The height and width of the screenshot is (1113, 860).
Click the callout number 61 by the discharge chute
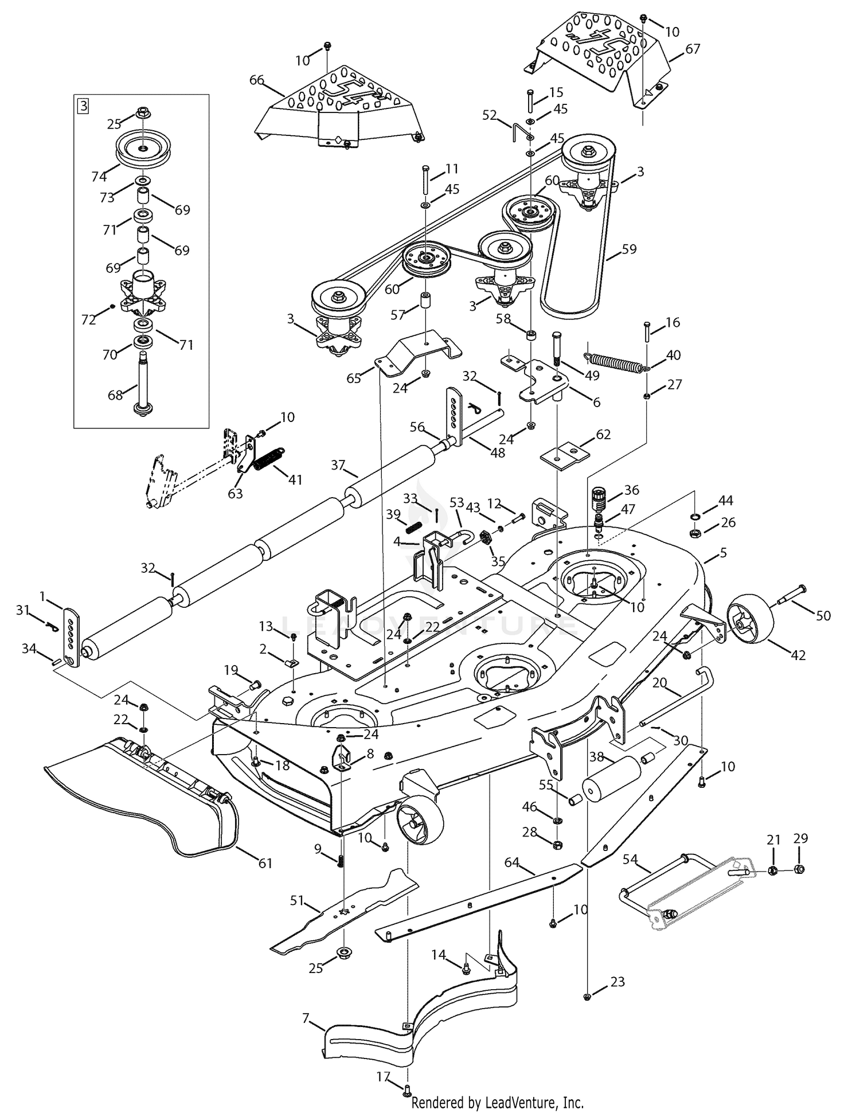tap(265, 863)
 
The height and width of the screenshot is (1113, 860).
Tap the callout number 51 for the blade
tap(296, 901)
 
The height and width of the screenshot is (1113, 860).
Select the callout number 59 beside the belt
tap(629, 249)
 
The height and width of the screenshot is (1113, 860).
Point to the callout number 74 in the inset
tap(99, 177)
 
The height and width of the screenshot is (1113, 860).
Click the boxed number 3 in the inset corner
tap(84, 106)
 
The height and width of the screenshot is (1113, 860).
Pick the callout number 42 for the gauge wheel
tap(798, 655)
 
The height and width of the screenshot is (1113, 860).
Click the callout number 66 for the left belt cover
tap(256, 80)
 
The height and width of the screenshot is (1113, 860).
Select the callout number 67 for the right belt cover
tap(693, 49)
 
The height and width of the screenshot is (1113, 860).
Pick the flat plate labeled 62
tap(565, 455)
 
